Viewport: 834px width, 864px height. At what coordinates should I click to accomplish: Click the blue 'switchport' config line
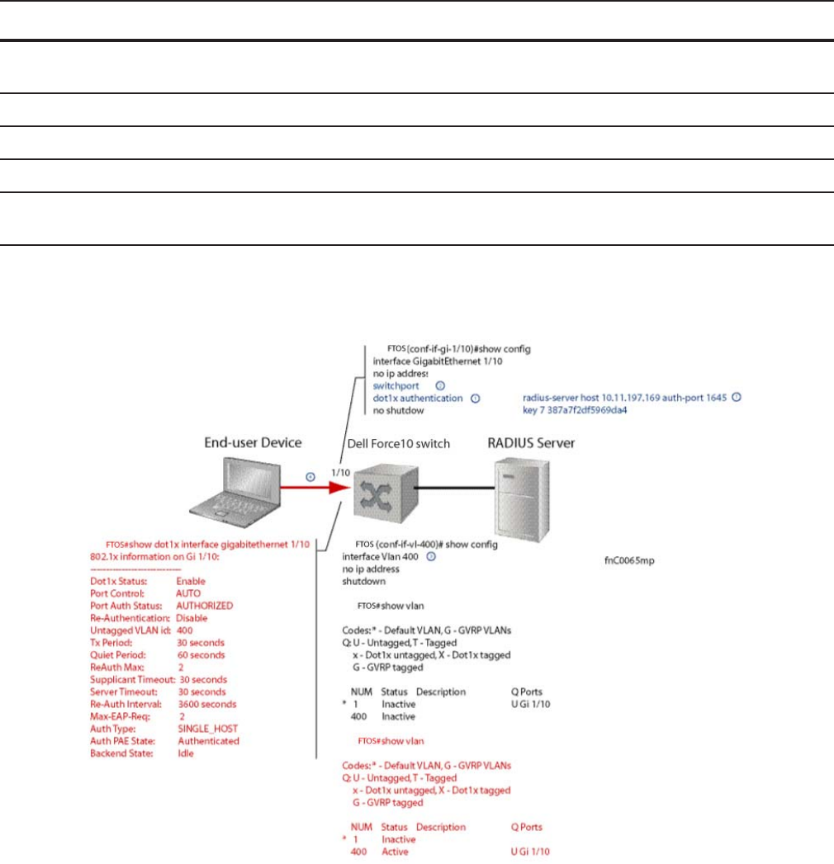click(396, 385)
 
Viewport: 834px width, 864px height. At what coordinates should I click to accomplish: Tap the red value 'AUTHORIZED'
click(205, 605)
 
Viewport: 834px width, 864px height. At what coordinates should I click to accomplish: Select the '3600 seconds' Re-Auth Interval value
click(206, 704)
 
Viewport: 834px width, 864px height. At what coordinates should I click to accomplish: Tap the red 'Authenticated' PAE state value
click(208, 741)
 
